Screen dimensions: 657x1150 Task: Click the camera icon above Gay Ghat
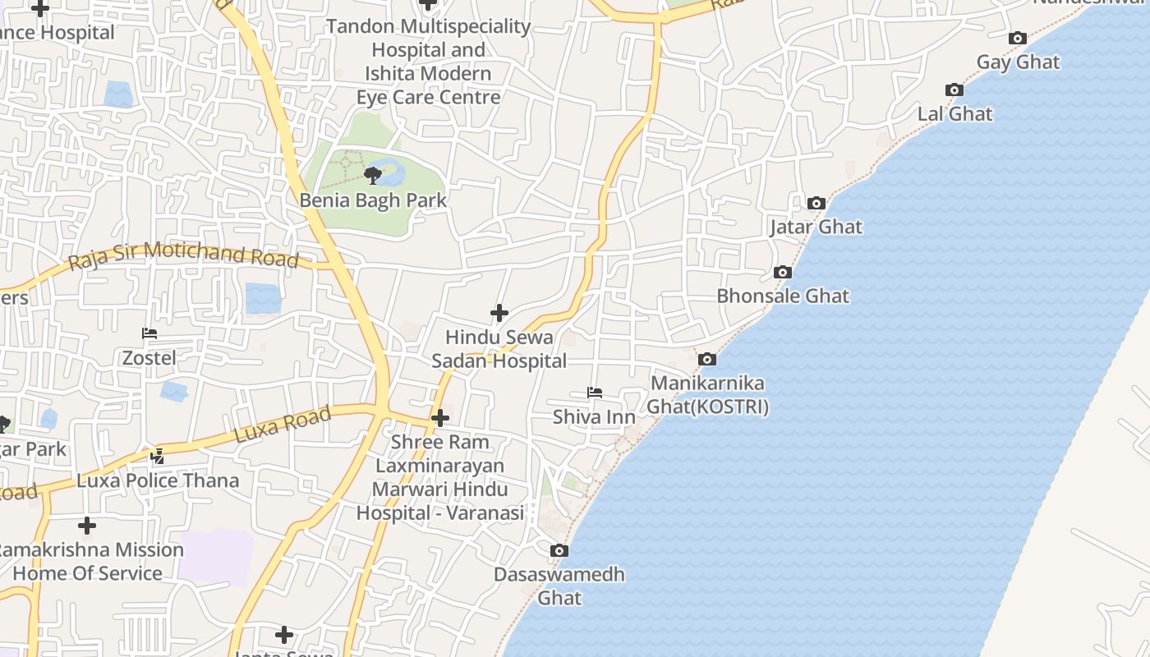click(1018, 39)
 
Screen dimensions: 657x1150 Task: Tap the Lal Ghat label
click(954, 114)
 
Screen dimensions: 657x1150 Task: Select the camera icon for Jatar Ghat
click(816, 203)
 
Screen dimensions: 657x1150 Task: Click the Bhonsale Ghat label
click(783, 296)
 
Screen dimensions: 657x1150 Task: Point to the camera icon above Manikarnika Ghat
click(706, 360)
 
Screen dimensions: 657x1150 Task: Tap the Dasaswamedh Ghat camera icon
click(559, 550)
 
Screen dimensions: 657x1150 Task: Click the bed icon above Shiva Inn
click(595, 393)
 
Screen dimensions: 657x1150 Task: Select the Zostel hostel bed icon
click(149, 333)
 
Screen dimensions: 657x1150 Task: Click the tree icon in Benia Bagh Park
click(372, 175)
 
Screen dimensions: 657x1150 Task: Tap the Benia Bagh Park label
click(373, 200)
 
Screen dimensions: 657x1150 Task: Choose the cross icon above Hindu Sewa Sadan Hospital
click(499, 313)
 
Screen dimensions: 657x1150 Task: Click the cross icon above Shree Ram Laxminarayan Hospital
click(440, 418)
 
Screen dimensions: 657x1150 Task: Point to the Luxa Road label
click(283, 425)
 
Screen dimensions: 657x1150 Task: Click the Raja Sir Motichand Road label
click(183, 255)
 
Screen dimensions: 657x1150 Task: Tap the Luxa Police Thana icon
click(158, 456)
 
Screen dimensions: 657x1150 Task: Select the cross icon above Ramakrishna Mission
click(87, 526)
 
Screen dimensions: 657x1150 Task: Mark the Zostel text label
click(149, 358)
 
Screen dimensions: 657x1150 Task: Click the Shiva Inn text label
click(594, 417)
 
